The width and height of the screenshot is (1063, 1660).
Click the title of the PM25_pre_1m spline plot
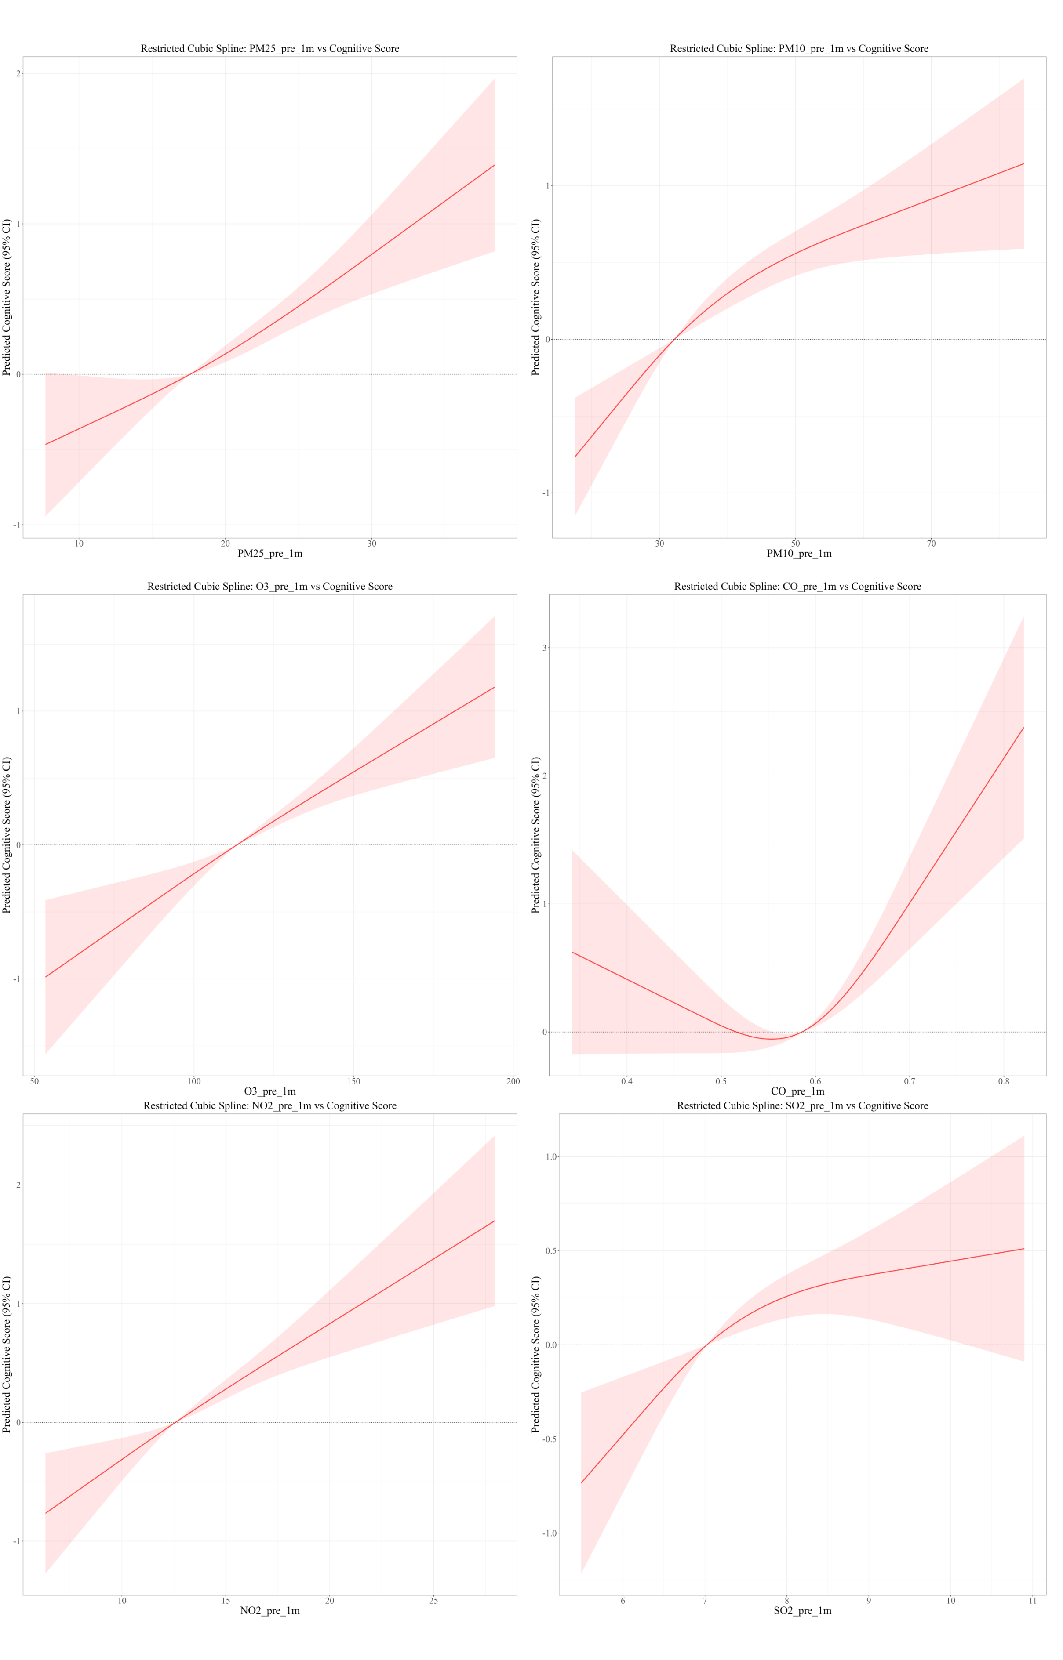(x=270, y=49)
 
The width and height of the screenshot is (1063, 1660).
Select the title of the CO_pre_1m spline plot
(x=797, y=587)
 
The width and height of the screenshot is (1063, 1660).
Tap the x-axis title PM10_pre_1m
(x=799, y=553)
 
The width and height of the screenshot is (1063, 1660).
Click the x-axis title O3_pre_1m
(x=270, y=1091)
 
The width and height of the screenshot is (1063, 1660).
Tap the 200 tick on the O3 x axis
(x=513, y=1081)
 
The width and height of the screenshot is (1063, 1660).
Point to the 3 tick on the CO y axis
(x=545, y=648)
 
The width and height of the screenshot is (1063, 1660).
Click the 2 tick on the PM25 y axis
(x=18, y=74)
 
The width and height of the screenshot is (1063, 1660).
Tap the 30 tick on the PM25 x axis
(x=372, y=544)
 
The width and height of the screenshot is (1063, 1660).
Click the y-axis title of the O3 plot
(x=7, y=835)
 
